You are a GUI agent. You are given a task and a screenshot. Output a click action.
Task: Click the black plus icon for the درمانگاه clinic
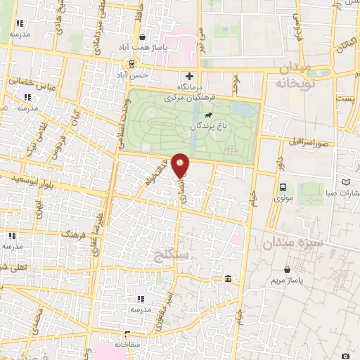(188, 76)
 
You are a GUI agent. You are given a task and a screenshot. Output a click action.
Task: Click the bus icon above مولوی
(283, 187)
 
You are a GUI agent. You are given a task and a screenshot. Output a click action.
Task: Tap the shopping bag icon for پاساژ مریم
(287, 269)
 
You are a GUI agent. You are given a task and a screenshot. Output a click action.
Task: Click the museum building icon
(229, 281)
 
